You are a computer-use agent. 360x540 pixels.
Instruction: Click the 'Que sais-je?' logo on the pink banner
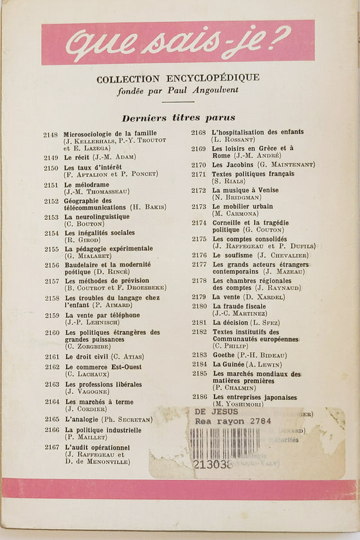pos(178,43)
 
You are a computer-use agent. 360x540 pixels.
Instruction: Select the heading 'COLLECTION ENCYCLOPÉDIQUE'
pos(178,78)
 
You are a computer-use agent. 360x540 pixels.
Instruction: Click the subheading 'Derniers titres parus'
pos(178,118)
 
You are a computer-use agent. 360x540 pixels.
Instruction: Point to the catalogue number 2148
pos(51,134)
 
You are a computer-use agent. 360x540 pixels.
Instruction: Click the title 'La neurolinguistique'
pos(97,217)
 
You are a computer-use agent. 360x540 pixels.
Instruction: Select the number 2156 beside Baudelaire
pos(51,265)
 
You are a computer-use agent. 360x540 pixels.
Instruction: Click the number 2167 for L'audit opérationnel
pos(51,447)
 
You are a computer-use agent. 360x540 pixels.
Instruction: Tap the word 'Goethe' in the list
pos(225,355)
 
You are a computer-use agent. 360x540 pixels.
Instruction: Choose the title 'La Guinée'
pos(230,364)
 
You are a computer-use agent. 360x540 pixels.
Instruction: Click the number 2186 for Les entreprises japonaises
pos(199,397)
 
